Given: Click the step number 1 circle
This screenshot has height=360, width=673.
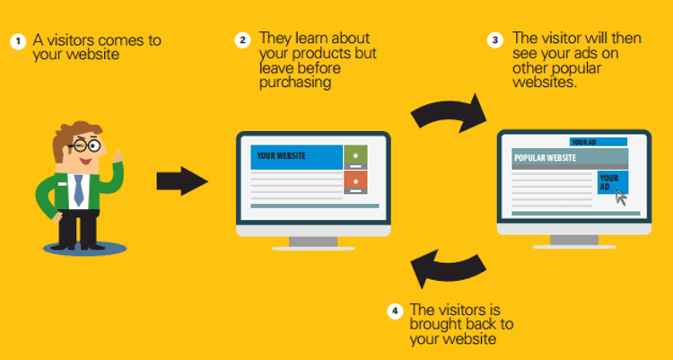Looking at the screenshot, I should [x=16, y=41].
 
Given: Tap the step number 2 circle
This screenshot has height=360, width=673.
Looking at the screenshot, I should [x=242, y=40].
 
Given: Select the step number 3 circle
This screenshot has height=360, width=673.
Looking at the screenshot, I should [x=494, y=40].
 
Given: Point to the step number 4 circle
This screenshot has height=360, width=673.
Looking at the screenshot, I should [x=394, y=312].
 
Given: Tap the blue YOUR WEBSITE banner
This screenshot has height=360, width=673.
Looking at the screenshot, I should [x=295, y=156].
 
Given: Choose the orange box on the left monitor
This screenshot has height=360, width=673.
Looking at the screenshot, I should [x=355, y=183].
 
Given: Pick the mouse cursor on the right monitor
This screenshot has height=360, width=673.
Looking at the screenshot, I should [x=620, y=198].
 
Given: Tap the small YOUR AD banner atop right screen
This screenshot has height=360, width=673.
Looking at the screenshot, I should [x=597, y=142].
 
